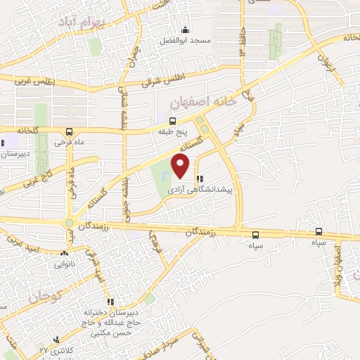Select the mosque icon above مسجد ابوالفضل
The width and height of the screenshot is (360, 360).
[185, 30]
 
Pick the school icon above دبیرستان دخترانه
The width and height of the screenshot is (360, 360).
[110, 302]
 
